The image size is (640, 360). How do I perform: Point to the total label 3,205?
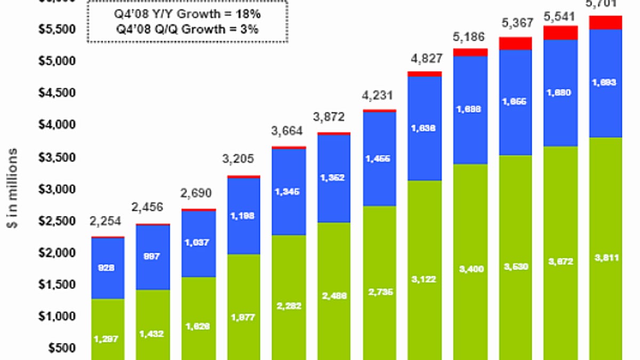point(239,159)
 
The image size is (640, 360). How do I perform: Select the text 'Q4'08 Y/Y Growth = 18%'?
point(187,13)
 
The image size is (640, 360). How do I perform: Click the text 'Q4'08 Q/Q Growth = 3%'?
point(187,29)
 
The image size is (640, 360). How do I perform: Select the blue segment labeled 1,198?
point(244,215)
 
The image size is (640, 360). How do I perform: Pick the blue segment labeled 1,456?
point(379,158)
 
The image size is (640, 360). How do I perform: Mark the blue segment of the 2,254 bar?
point(108,268)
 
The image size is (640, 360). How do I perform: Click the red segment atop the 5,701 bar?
point(605,22)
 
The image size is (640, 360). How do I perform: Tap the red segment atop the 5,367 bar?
point(515,43)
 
